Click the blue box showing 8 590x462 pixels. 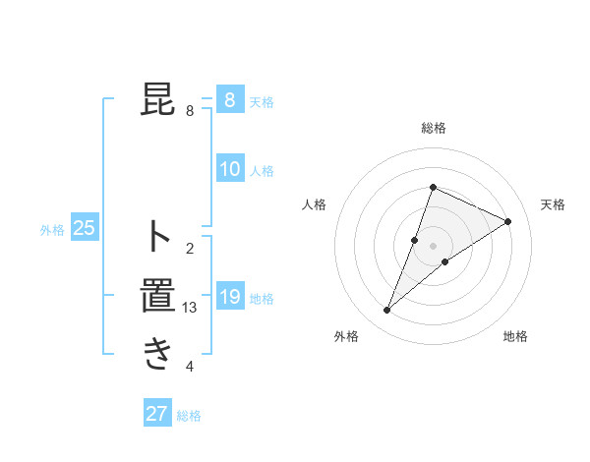229,100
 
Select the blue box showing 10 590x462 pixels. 229,169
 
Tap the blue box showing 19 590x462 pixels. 229,297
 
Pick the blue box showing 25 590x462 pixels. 84,229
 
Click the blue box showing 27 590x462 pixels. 157,414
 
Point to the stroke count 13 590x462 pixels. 190,308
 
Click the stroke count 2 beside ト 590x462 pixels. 190,249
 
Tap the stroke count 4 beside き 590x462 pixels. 190,367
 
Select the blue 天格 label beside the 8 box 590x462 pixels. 261,102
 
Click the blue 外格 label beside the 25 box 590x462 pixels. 52,230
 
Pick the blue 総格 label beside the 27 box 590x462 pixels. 189,416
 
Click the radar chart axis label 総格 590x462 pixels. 434,128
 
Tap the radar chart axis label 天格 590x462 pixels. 553,204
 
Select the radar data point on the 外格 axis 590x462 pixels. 386,311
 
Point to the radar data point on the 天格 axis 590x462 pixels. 508,221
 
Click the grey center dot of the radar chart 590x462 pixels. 434,246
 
